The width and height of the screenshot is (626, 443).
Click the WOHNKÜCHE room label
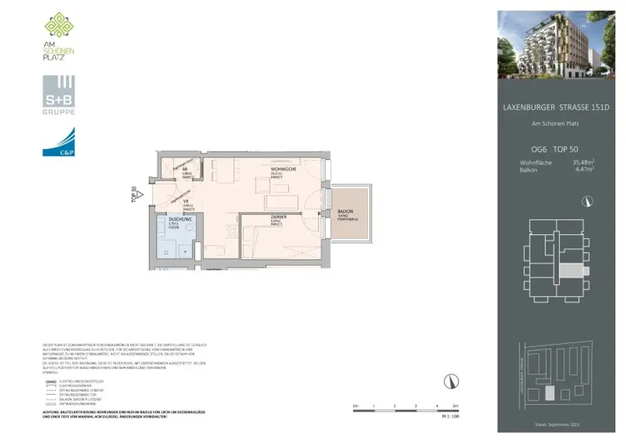point(284,169)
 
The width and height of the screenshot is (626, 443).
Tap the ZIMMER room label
point(276,217)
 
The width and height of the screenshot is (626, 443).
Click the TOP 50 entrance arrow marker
point(139,195)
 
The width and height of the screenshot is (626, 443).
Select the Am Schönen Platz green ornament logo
point(59,24)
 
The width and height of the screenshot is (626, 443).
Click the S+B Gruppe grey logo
point(59,95)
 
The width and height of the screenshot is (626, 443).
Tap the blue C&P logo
point(59,142)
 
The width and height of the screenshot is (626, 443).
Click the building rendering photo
point(556,44)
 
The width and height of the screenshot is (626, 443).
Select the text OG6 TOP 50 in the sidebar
point(555,149)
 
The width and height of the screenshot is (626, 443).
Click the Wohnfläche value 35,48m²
point(583,162)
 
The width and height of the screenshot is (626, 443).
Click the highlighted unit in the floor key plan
point(570,270)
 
